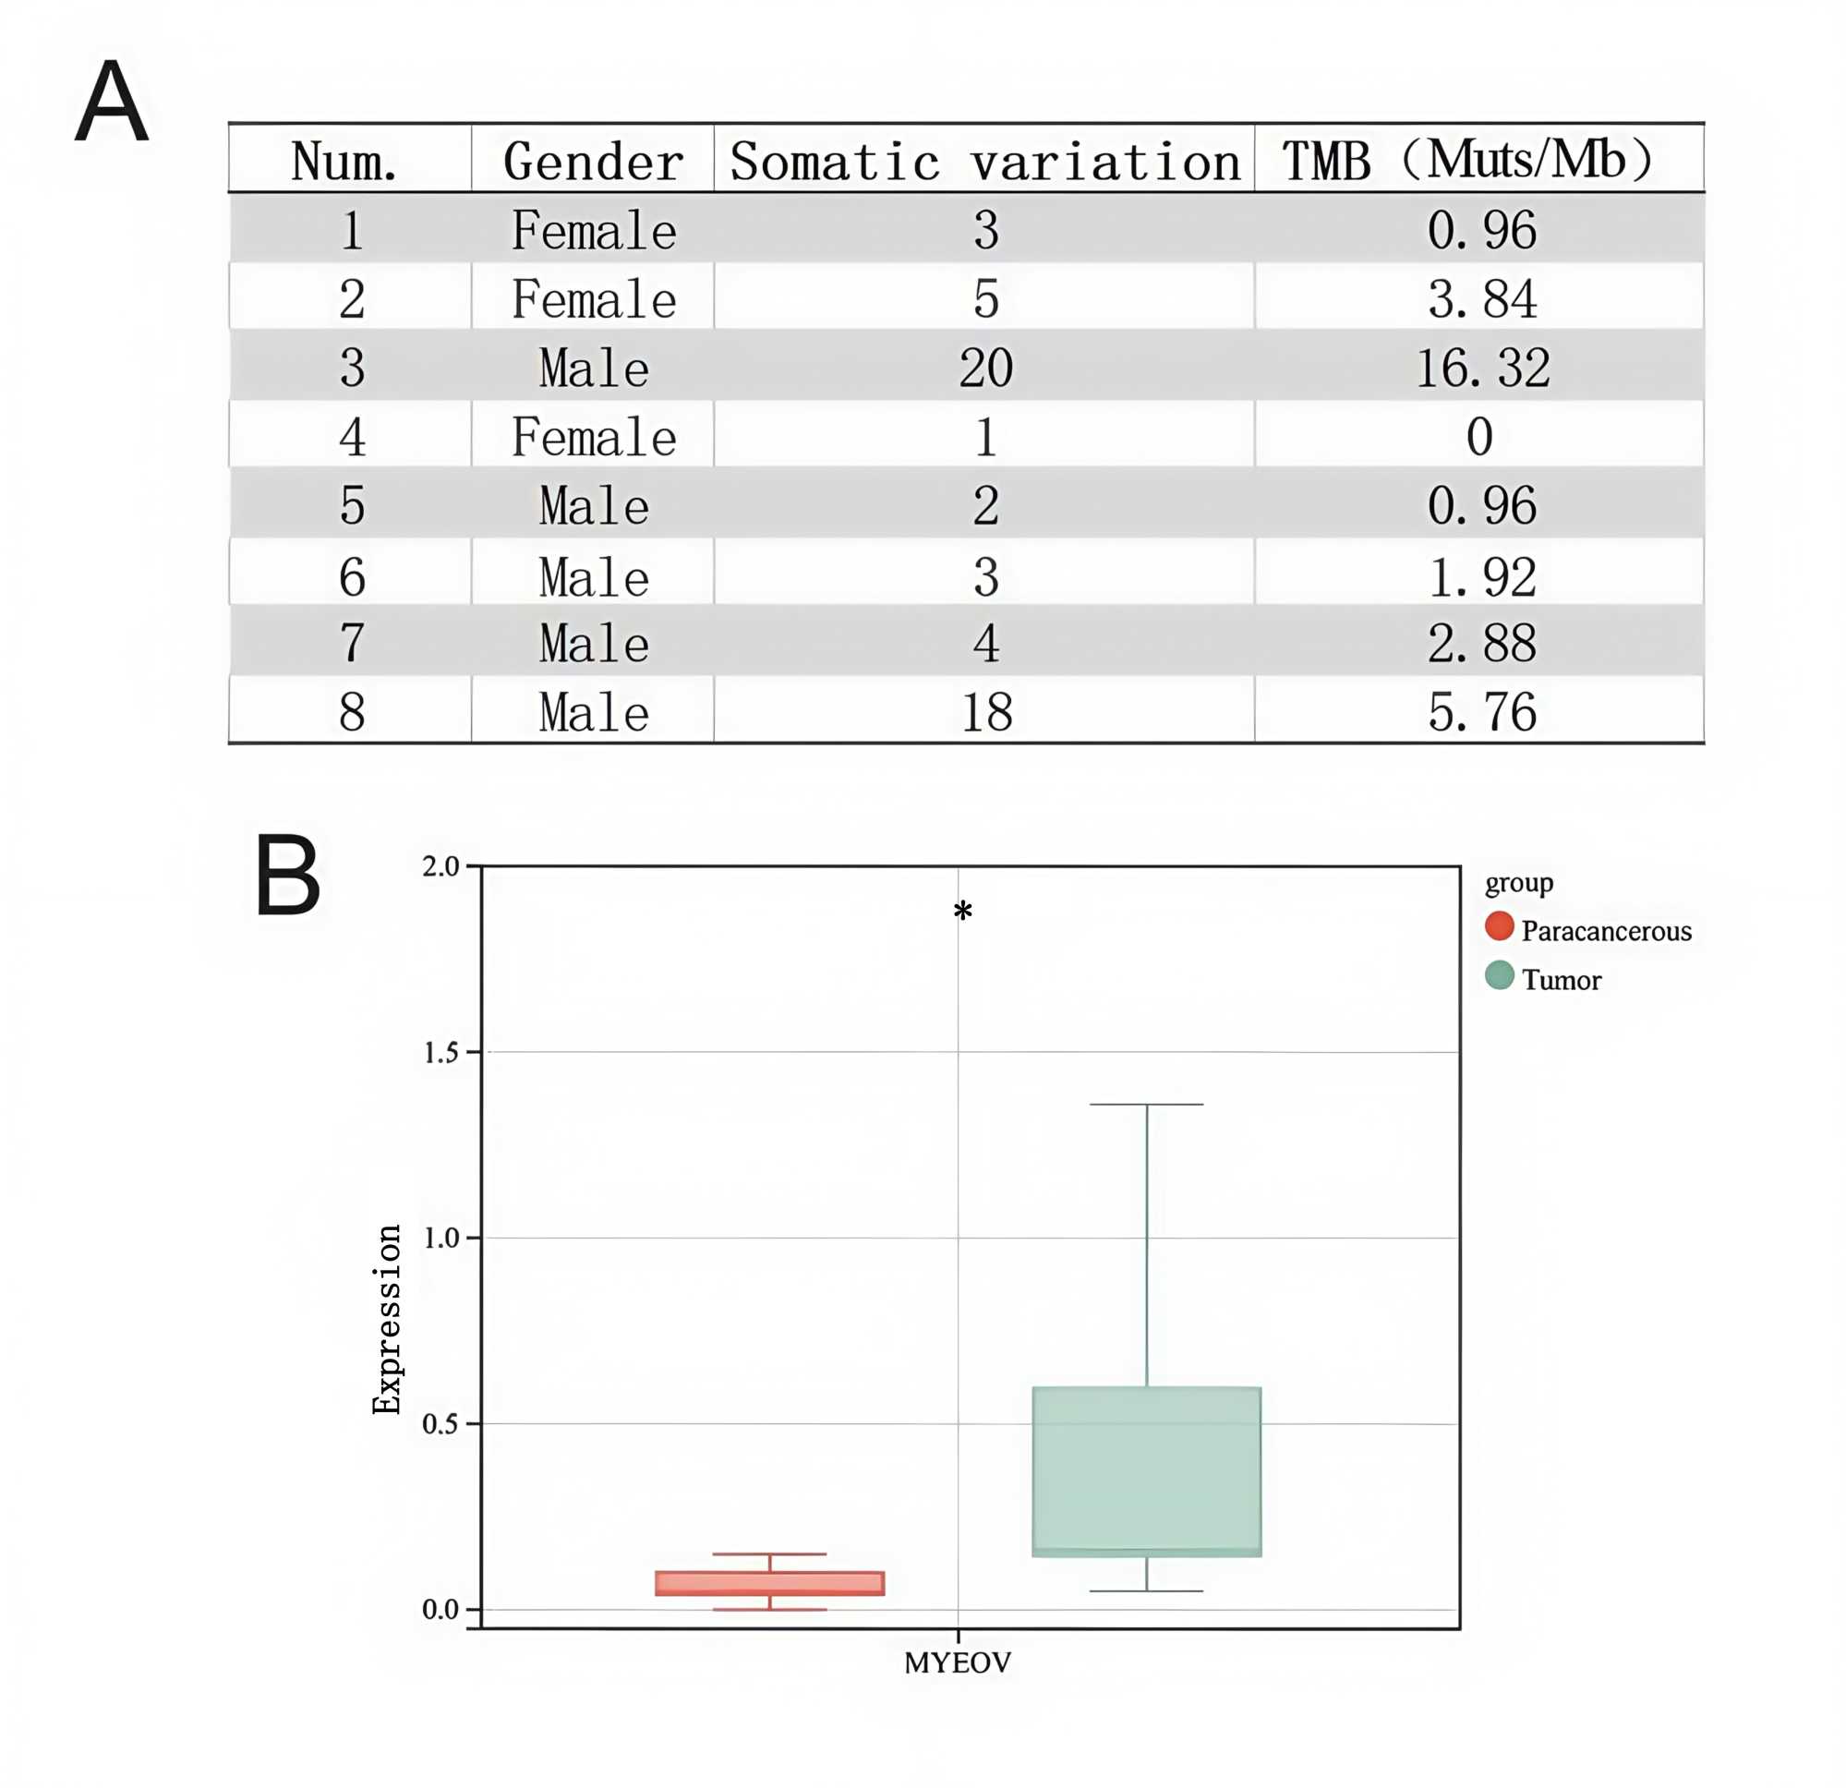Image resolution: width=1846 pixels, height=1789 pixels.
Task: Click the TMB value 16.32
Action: pos(1482,368)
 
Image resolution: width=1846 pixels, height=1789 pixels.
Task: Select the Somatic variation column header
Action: pos(984,161)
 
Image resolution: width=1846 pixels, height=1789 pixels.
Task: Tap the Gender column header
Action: pos(594,161)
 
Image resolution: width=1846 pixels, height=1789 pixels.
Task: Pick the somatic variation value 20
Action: pos(985,368)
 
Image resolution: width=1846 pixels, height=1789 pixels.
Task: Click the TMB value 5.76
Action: pos(1482,712)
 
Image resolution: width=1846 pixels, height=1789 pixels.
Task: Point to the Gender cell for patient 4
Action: pos(594,437)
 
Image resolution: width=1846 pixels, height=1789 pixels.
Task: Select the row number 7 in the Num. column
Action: pos(351,644)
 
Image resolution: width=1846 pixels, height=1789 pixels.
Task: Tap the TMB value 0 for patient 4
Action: pos(1478,437)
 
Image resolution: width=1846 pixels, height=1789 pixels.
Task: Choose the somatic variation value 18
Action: pos(986,712)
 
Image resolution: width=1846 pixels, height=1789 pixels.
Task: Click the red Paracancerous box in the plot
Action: pos(769,1583)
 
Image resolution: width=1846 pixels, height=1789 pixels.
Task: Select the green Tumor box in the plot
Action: pos(1146,1470)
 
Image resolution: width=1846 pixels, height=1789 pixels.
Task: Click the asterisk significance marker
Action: pos(961,912)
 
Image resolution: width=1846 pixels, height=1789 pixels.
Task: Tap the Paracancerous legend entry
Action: pos(1605,932)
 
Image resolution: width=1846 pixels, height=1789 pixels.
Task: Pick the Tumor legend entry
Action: pos(1561,981)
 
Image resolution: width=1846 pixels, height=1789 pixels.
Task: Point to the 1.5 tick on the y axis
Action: pos(441,1052)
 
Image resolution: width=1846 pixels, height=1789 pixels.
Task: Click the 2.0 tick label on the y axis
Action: pos(440,866)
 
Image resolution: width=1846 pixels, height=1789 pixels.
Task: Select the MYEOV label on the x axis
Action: pos(957,1663)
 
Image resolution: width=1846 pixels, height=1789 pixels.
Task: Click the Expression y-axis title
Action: pos(387,1319)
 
